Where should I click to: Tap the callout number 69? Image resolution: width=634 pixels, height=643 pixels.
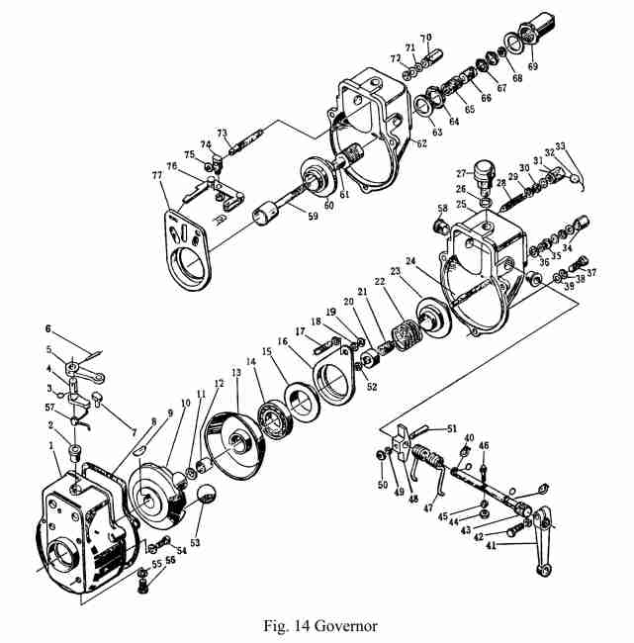(534, 66)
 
